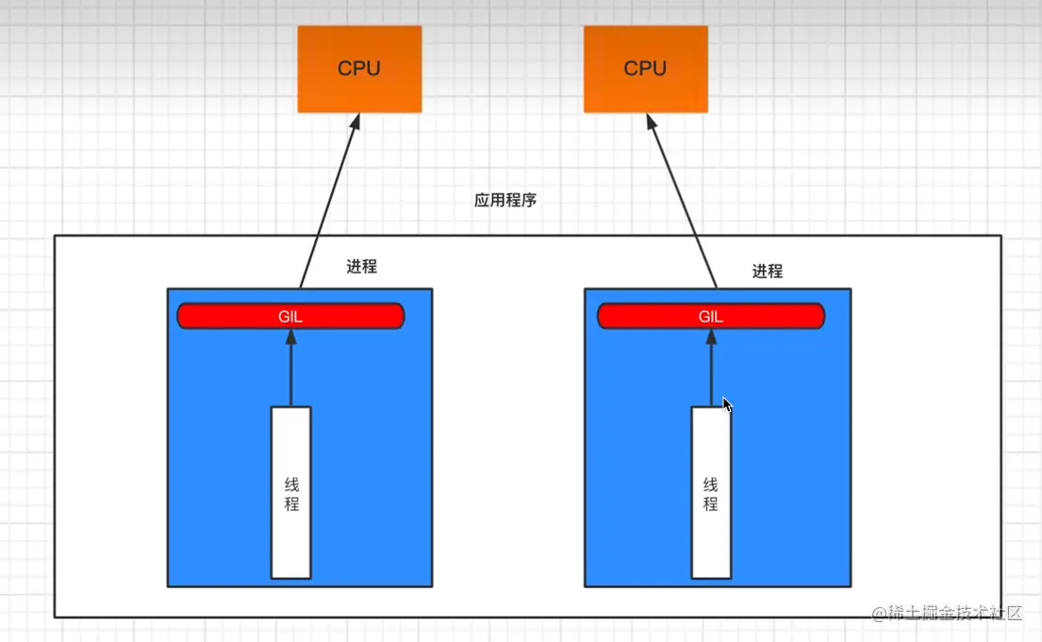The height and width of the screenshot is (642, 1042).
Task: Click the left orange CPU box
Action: click(359, 69)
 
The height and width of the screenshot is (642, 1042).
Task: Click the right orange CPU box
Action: click(645, 69)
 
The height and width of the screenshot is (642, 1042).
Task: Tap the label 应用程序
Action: click(505, 201)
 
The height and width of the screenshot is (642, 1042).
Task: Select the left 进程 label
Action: click(361, 267)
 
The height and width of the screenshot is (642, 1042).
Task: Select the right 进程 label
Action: click(768, 272)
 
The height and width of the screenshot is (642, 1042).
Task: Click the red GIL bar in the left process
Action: click(236, 316)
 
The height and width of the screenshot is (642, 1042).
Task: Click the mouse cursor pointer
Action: click(727, 404)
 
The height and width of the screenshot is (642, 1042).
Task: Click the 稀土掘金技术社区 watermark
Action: click(947, 614)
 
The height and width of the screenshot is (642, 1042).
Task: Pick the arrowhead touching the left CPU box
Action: click(356, 123)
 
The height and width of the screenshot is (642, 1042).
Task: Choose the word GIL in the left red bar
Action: click(290, 317)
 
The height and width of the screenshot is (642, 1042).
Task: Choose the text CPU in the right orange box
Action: click(645, 69)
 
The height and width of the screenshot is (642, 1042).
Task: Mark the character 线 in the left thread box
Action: click(291, 484)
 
